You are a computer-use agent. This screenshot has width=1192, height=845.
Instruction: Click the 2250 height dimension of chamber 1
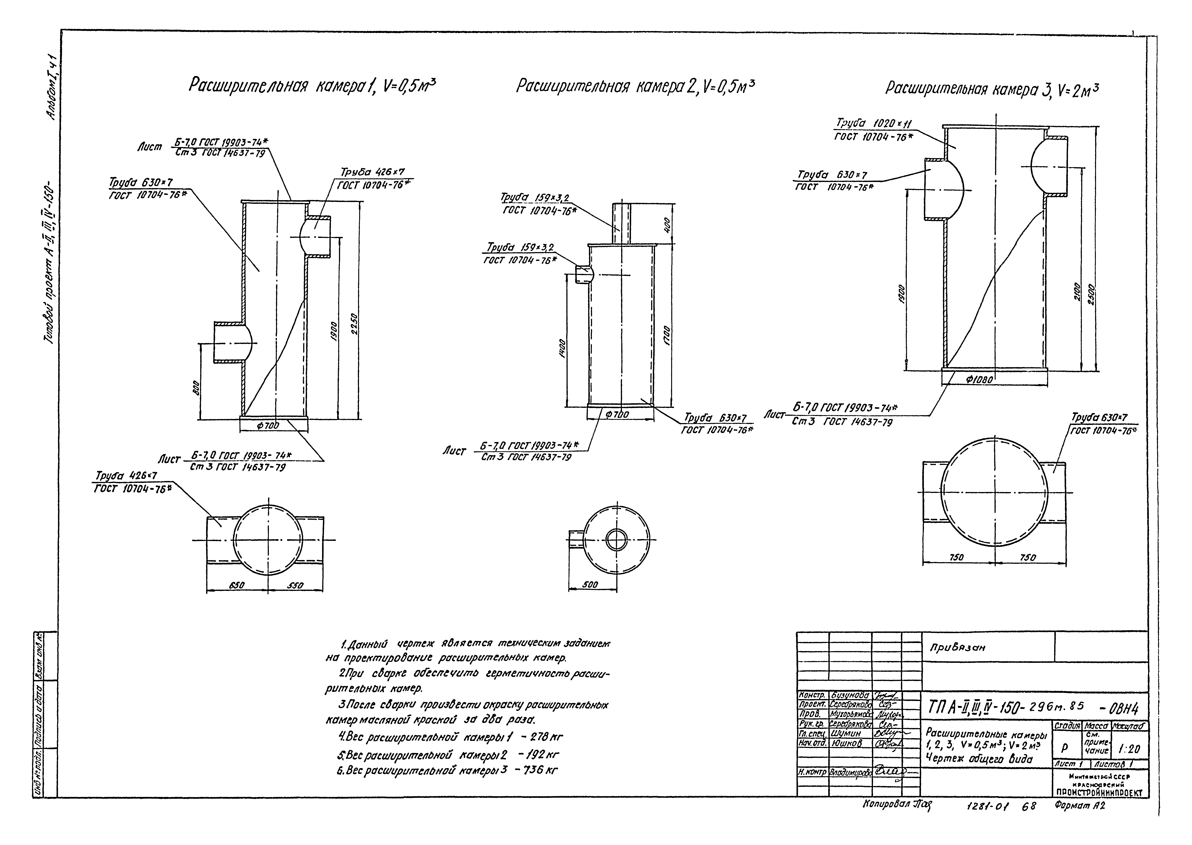354,324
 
